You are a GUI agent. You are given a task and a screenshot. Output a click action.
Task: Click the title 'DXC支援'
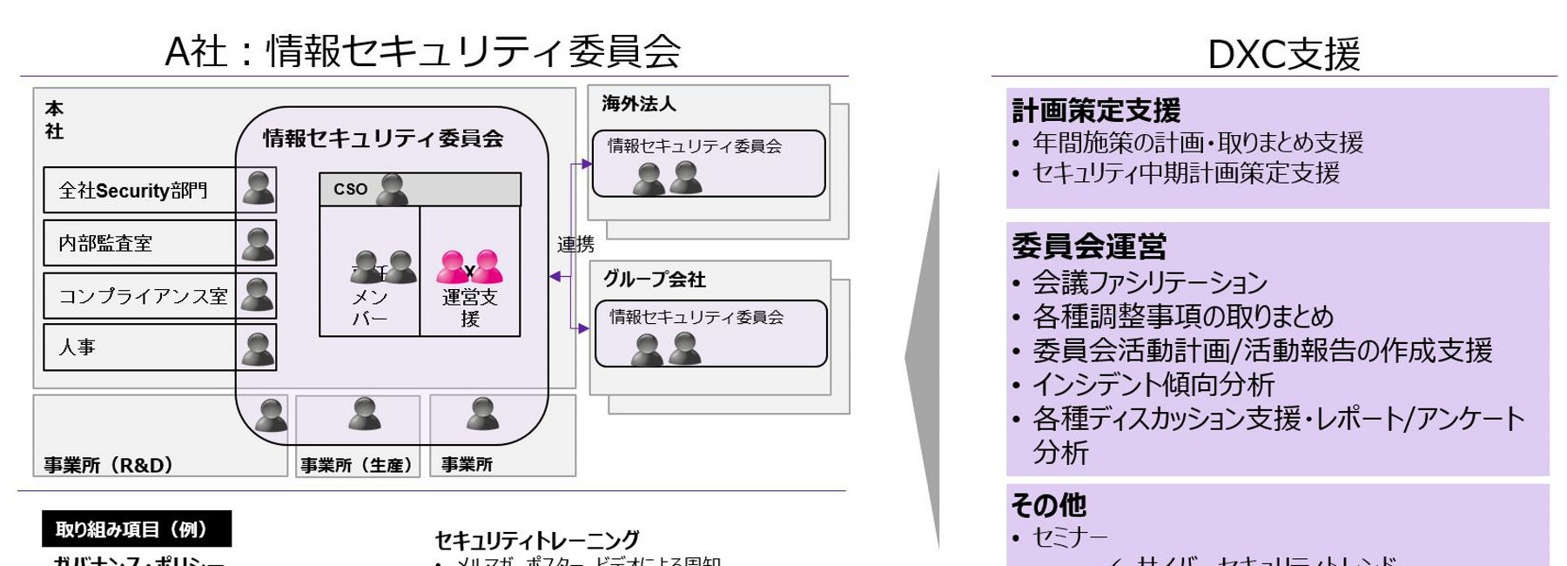1283,53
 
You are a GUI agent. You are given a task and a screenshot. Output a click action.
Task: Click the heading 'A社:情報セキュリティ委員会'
423,51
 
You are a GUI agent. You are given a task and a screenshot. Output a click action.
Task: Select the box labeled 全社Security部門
139,190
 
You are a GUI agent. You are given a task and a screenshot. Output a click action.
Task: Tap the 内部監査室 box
139,243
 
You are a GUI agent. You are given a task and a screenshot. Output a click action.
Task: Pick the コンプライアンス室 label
143,296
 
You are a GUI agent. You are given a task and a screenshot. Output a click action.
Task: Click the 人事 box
139,347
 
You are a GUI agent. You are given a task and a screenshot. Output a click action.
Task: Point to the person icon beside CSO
393,189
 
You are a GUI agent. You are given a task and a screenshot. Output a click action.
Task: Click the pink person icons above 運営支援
470,267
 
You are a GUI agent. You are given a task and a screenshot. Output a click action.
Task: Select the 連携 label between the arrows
575,245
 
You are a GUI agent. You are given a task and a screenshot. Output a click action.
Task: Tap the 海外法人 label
638,104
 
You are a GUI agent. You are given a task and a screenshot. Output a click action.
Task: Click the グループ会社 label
654,280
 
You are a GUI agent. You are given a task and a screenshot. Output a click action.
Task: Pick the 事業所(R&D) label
109,465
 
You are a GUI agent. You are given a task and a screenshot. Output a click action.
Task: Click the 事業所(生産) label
357,465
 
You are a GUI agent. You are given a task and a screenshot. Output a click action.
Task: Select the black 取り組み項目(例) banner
137,529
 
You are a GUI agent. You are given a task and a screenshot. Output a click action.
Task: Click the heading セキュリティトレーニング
536,540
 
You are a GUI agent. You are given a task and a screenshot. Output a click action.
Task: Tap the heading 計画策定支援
1095,111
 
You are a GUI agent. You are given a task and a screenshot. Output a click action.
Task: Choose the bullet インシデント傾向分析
1153,384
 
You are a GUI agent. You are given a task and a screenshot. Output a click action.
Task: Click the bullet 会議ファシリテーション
1149,282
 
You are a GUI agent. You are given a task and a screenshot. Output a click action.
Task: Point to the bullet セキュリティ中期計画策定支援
1185,172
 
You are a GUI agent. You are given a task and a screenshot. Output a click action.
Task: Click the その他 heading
1048,505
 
